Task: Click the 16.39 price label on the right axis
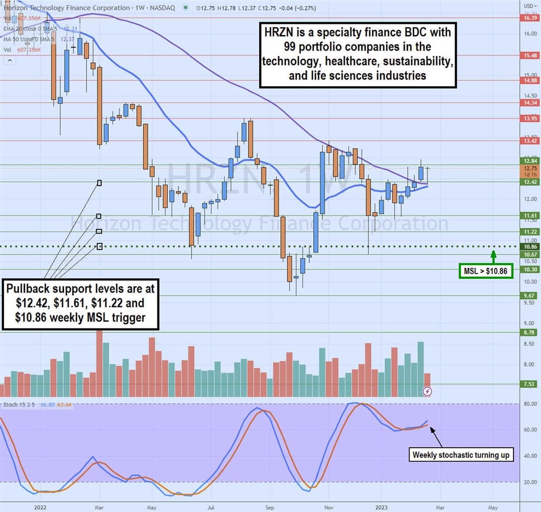[x=530, y=18]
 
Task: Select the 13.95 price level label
[x=530, y=119]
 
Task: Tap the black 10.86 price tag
[x=530, y=246]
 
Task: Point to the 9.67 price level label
[x=530, y=296]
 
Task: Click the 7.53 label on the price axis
[x=530, y=384]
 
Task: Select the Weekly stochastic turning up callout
[x=461, y=455]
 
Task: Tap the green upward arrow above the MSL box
[x=493, y=254]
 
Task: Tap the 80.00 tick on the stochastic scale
[x=530, y=404]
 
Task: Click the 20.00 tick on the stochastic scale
[x=530, y=482]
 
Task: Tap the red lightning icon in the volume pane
[x=427, y=391]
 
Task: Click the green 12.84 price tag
[x=530, y=161]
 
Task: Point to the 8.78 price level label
[x=530, y=333]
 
